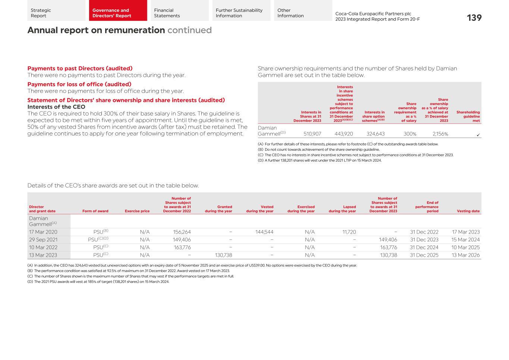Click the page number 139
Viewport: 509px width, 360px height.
(x=474, y=18)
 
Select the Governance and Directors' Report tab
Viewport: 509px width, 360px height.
(x=118, y=13)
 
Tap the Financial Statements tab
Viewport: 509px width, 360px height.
(x=179, y=13)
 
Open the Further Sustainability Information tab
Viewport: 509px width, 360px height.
(x=241, y=13)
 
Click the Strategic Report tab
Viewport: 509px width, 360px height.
(x=56, y=13)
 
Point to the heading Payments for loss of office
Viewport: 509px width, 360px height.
(x=79, y=84)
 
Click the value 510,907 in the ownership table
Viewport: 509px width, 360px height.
(x=312, y=134)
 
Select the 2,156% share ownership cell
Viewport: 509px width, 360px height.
(x=440, y=134)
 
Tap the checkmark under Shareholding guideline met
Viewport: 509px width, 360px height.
(x=478, y=135)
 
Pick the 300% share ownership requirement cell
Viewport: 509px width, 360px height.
(x=410, y=134)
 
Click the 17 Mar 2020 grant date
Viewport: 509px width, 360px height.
(x=43, y=232)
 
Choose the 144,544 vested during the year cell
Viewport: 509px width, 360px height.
(x=264, y=232)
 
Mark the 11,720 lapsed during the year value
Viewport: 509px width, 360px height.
(x=349, y=232)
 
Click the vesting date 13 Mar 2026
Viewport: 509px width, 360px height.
(x=465, y=255)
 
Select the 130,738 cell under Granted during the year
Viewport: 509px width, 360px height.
(x=223, y=255)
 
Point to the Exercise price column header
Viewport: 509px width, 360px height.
(x=137, y=211)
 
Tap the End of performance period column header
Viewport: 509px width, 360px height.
(x=427, y=207)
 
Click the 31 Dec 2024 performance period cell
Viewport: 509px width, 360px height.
(x=424, y=247)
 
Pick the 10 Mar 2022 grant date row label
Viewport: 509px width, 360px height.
(x=43, y=247)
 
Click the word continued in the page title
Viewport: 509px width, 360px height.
(x=189, y=30)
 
